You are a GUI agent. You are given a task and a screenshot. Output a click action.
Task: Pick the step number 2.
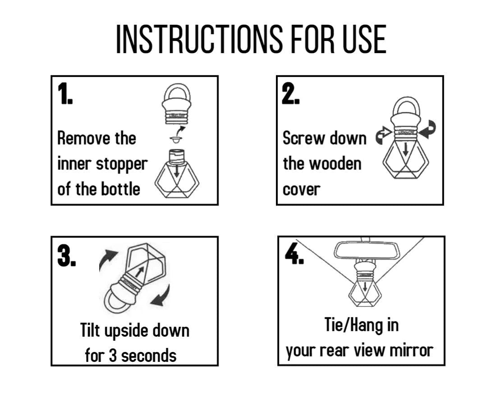pos(290,94)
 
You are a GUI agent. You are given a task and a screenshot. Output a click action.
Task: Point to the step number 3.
pos(66,256)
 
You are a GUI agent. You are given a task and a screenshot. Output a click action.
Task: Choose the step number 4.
pos(294,253)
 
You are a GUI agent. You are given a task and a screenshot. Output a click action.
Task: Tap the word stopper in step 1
pos(122,164)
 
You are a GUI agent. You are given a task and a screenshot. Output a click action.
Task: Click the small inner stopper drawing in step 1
pos(176,139)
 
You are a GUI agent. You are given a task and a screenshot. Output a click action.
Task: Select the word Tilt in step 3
pos(90,330)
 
